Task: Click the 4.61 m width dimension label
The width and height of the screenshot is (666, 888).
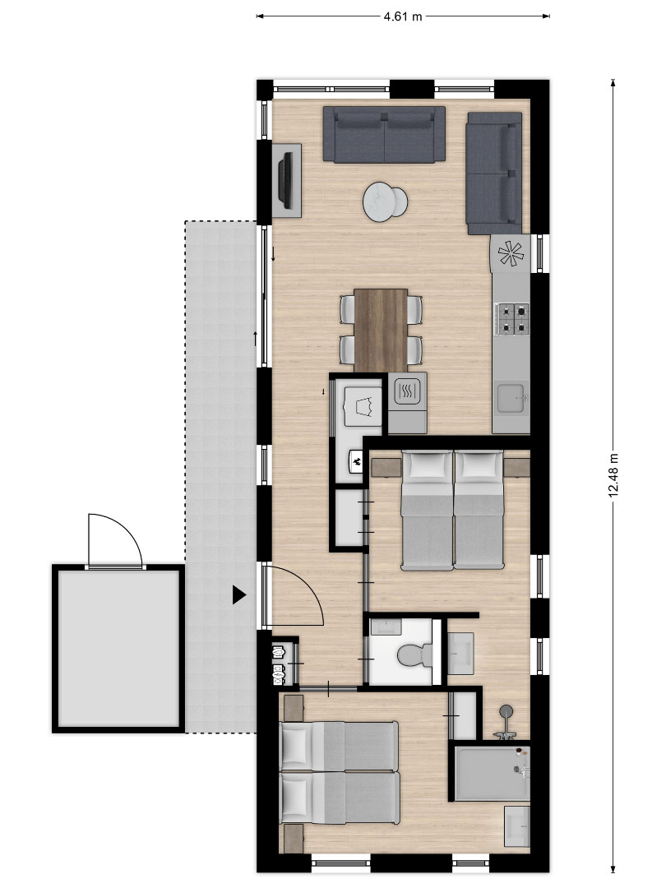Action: click(403, 16)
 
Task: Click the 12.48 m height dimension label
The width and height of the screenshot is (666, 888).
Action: click(613, 476)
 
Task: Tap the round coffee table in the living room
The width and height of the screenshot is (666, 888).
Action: click(385, 201)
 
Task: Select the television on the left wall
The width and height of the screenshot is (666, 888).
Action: click(287, 180)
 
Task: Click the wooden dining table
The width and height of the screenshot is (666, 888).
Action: click(381, 331)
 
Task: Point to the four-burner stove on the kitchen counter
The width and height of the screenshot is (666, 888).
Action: click(512, 318)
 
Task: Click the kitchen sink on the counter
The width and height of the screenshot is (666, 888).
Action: click(512, 399)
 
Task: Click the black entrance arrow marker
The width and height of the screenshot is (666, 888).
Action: click(239, 594)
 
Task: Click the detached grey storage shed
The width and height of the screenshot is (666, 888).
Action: click(118, 649)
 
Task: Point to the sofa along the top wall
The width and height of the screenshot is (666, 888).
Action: click(384, 134)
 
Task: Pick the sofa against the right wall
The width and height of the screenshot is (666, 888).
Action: click(494, 173)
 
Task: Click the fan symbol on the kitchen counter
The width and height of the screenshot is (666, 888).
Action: click(511, 253)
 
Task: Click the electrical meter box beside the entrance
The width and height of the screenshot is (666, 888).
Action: click(279, 663)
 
